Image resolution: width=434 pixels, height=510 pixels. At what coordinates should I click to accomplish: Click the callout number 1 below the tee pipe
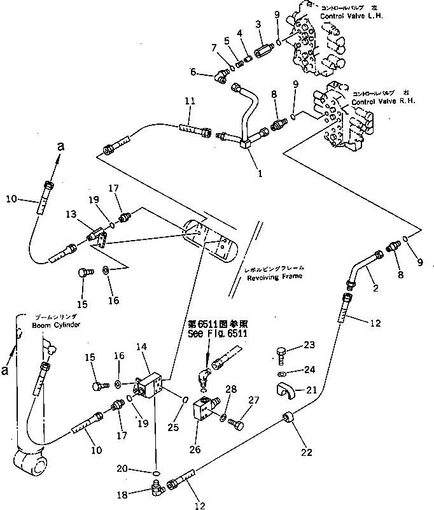click(x=259, y=173)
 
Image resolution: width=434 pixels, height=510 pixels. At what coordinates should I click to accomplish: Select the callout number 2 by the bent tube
click(x=375, y=288)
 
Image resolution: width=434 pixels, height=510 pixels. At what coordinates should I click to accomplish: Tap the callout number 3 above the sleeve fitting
click(x=258, y=24)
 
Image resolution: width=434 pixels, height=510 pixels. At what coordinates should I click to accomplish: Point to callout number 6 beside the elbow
click(x=193, y=73)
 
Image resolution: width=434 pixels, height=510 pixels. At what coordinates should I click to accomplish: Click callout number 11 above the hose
click(x=190, y=101)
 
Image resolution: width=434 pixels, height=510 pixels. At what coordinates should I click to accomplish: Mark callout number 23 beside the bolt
click(x=309, y=346)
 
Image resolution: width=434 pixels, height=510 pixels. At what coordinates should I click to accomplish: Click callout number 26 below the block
click(x=195, y=450)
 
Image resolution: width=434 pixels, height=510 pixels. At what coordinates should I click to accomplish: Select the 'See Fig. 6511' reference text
click(x=217, y=333)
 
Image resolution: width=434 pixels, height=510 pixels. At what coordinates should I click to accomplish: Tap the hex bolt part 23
click(x=283, y=351)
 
